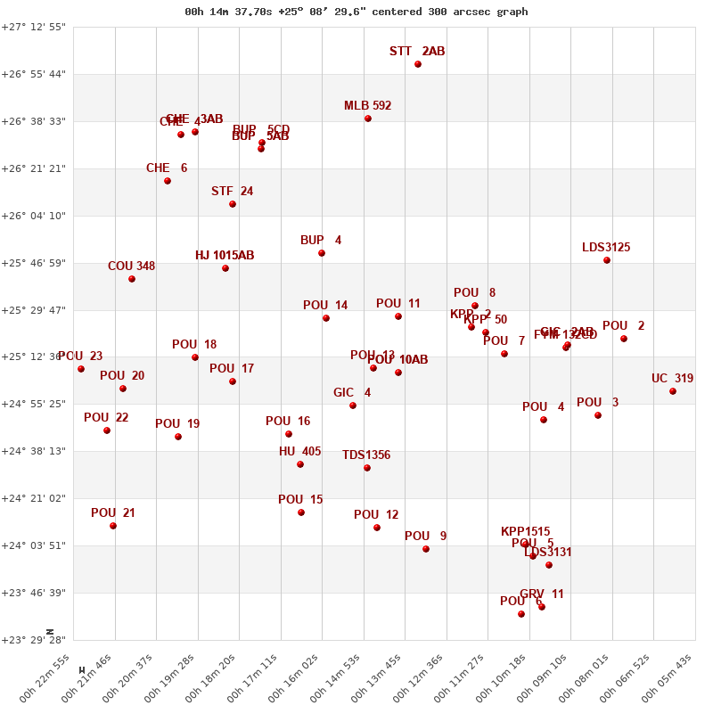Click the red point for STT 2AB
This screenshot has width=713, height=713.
coord(418,64)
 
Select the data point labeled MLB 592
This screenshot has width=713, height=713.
coord(368,119)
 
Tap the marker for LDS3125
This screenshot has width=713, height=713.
coord(607,260)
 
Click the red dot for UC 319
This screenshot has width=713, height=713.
coord(673,391)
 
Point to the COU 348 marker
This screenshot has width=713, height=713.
coord(132,279)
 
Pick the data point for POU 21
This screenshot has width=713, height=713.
coord(113,526)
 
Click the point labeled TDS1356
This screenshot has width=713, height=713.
coord(367,468)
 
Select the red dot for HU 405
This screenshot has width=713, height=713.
coord(300,464)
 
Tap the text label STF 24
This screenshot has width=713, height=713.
coord(232,192)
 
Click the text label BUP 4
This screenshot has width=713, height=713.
coord(321,241)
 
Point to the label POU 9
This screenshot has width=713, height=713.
coord(425,537)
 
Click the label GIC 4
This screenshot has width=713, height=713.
coord(352,393)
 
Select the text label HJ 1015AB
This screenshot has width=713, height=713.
coord(225,256)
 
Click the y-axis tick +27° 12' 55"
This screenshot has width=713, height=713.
coord(33,27)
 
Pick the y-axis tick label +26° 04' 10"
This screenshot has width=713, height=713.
coord(33,216)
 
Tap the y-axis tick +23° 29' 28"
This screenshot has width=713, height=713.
coord(33,640)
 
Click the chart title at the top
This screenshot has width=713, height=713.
coord(356,12)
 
